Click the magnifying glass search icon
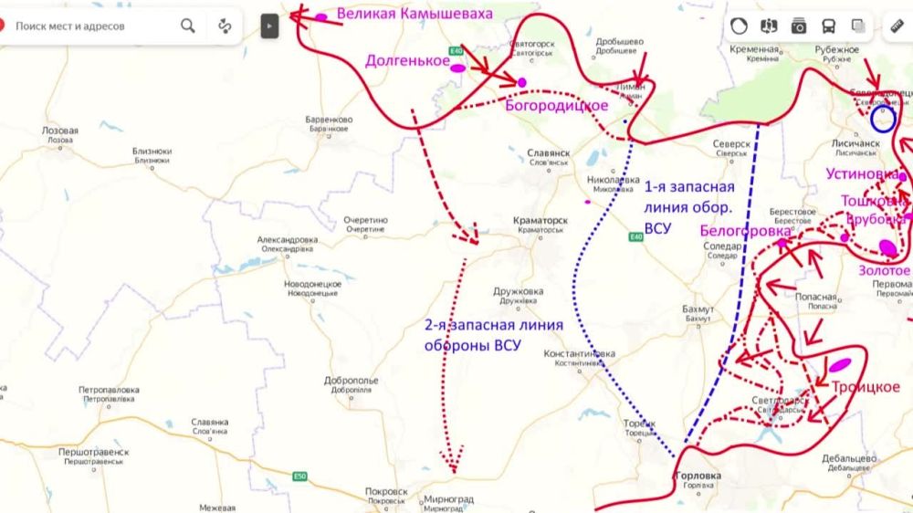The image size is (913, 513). (x=188, y=26)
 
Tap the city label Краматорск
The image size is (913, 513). (x=542, y=222)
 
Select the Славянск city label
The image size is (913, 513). (x=549, y=155)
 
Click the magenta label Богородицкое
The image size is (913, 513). (x=555, y=105)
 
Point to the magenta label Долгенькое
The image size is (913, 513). (x=406, y=61)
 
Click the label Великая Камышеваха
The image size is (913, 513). (x=415, y=14)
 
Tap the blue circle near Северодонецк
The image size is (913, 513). (x=883, y=119)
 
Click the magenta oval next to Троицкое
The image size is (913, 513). (x=841, y=365)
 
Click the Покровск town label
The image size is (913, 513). (x=386, y=491)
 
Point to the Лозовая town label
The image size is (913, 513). (x=60, y=131)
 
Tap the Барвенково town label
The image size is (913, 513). (x=329, y=120)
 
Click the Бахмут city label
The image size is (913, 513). (x=698, y=309)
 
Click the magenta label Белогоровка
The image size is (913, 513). (x=745, y=231)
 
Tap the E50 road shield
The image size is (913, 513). (x=300, y=476)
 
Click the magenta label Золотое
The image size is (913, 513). (x=884, y=270)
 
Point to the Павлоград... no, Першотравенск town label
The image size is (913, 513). (x=93, y=453)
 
